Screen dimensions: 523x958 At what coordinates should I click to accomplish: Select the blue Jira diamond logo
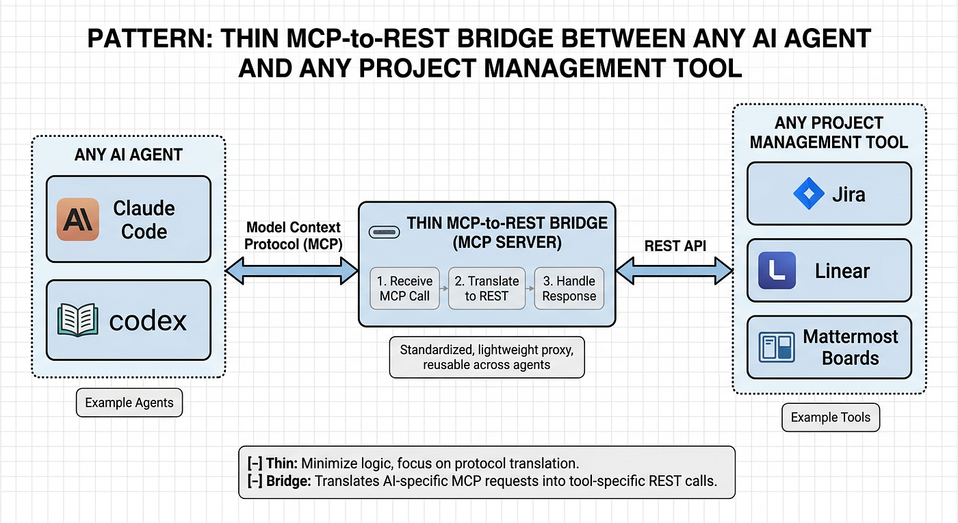coord(808,194)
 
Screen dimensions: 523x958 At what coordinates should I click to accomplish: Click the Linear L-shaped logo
coord(777,270)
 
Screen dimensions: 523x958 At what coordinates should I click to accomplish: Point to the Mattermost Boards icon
coord(777,347)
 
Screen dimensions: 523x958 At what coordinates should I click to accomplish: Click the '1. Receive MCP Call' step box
coord(405,288)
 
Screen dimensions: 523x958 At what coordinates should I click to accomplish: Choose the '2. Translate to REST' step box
coord(487,288)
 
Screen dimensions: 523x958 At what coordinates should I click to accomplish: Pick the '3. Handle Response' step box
coord(569,288)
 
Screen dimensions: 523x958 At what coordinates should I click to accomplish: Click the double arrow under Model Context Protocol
coord(292,272)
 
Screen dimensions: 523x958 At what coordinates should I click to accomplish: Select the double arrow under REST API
coord(675,271)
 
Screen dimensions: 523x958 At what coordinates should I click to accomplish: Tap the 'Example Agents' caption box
coord(129,403)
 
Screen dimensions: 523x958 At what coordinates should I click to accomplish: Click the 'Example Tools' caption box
coord(831,418)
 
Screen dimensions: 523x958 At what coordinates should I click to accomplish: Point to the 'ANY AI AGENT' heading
coord(128,155)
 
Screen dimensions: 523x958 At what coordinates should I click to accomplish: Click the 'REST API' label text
coord(675,246)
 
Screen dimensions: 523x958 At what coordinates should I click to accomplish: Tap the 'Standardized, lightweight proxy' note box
coord(487,357)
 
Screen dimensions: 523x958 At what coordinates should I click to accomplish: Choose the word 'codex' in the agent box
coord(148,320)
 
